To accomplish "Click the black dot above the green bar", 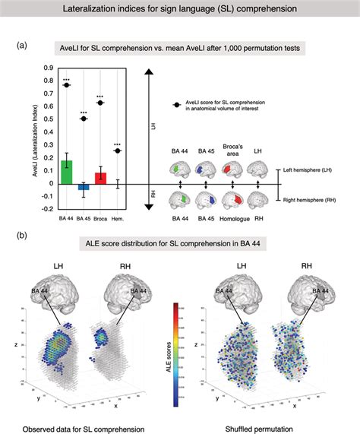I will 67,85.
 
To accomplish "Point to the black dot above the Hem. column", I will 117,150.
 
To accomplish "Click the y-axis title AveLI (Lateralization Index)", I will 36,144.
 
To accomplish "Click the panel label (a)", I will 23,45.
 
